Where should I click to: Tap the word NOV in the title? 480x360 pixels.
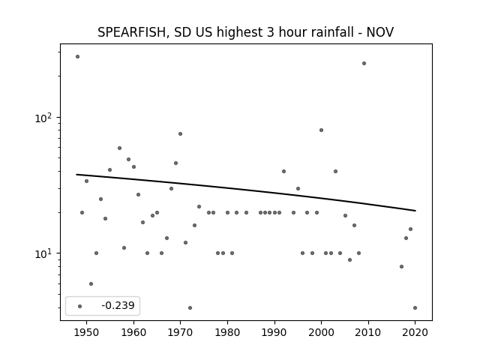[x=380, y=32]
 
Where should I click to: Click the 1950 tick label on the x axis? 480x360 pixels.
[x=87, y=332]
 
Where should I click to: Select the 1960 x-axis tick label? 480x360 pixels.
[x=133, y=332]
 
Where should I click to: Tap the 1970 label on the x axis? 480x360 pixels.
[x=181, y=332]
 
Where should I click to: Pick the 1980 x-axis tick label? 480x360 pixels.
[x=227, y=332]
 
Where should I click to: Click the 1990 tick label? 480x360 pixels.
[x=274, y=332]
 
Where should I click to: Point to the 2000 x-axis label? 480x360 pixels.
[x=322, y=332]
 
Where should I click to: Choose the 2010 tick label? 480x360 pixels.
[x=368, y=332]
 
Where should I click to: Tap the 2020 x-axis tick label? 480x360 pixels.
[x=415, y=332]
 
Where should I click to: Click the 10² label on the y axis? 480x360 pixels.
[x=44, y=118]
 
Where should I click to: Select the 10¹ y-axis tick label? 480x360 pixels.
[x=44, y=253]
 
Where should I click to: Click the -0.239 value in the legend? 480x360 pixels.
[x=118, y=305]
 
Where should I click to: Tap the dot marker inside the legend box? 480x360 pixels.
[x=80, y=307]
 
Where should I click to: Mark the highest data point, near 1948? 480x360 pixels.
[x=77, y=57]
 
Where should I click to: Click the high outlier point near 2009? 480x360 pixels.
[x=364, y=63]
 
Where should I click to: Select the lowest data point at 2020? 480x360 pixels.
[x=415, y=308]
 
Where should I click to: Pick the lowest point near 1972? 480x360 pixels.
[x=190, y=308]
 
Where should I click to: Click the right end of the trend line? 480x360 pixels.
[x=415, y=211]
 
